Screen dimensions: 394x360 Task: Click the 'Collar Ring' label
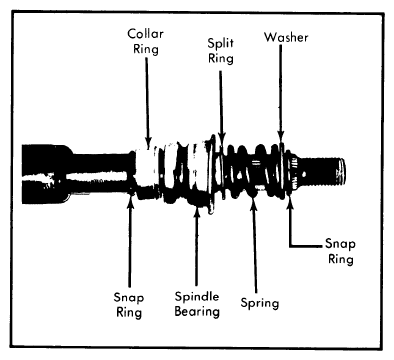(146, 41)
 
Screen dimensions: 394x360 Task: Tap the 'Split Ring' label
(221, 51)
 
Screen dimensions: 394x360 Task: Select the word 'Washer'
(286, 37)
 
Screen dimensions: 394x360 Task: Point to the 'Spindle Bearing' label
(197, 304)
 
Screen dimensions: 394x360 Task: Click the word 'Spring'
(260, 303)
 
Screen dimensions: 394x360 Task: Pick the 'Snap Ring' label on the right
(340, 251)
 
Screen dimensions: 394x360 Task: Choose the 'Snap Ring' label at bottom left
(129, 305)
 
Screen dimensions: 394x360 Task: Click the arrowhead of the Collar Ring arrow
(148, 143)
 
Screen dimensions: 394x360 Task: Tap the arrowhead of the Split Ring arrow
(222, 139)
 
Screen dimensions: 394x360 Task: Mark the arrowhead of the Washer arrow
(281, 137)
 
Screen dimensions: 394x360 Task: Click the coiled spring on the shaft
(253, 172)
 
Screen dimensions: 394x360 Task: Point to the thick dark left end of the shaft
(47, 174)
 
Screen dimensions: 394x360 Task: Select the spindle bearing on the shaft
(188, 173)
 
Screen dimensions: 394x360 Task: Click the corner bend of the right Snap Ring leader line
(290, 246)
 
